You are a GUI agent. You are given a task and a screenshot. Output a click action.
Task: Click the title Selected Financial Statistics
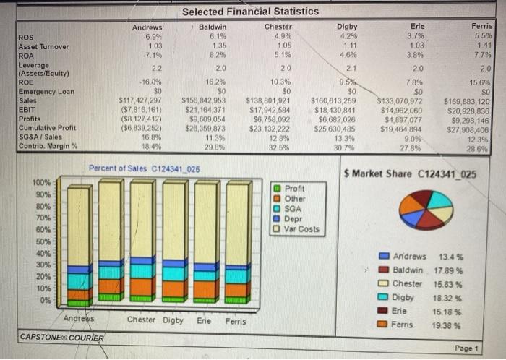coord(250,11)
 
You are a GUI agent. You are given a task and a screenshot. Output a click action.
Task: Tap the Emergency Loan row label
coord(45,91)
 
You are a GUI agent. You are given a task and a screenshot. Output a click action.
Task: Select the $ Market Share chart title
coord(411,174)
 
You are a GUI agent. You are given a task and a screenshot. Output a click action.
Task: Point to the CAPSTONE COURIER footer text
coord(61,338)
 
